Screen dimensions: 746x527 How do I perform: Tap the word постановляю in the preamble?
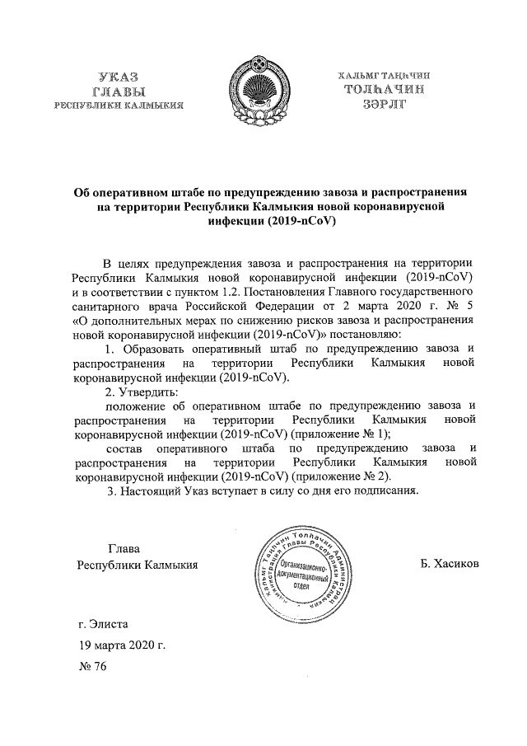tap(362, 334)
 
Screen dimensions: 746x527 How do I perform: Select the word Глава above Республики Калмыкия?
tap(124, 548)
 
